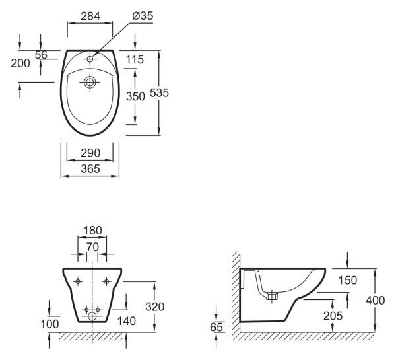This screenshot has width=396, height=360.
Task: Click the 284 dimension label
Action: [x=90, y=16]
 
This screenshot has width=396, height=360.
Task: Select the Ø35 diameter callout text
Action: [x=143, y=16]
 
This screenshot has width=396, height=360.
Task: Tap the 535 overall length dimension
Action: [x=159, y=93]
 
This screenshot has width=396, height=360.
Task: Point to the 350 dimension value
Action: [x=135, y=96]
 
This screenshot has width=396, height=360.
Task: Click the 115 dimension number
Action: [x=135, y=59]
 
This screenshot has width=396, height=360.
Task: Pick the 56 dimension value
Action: [x=41, y=55]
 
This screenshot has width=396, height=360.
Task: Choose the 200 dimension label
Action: [x=20, y=63]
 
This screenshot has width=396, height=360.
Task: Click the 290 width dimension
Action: [x=90, y=153]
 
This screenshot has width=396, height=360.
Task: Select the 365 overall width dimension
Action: [x=90, y=169]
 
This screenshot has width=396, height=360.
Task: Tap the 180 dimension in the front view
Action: [x=92, y=231]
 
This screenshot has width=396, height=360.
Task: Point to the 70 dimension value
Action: [x=92, y=247]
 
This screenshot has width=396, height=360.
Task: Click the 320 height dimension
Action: [x=155, y=306]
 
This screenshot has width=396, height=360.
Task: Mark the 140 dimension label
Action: [x=127, y=321]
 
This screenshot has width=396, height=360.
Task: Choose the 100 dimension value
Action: [x=49, y=324]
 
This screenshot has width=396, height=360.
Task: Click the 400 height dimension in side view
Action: [x=376, y=301]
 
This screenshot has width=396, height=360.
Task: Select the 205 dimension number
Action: [x=333, y=316]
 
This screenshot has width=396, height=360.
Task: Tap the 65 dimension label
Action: [x=216, y=327]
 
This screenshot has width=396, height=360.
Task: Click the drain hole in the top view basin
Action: [x=90, y=82]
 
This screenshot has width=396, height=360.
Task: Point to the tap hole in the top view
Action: [x=90, y=59]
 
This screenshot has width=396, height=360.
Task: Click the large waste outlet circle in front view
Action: [x=92, y=316]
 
